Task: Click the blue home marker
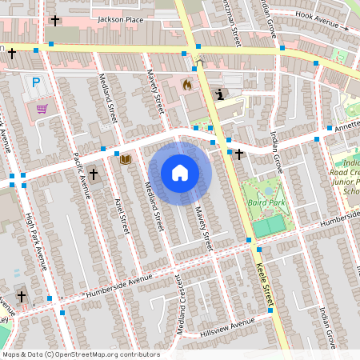[x=180, y=172]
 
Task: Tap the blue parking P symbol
[x=35, y=82]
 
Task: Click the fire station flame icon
[x=187, y=84]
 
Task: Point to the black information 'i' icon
[x=220, y=94]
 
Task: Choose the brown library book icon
[x=125, y=159]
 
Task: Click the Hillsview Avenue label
[x=226, y=323]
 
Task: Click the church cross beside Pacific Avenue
[x=94, y=174]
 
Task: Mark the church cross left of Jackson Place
[x=55, y=20]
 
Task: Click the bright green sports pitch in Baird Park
[x=270, y=226]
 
